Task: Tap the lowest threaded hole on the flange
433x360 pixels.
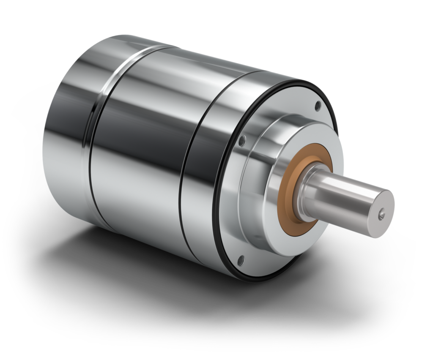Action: coord(241,259)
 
